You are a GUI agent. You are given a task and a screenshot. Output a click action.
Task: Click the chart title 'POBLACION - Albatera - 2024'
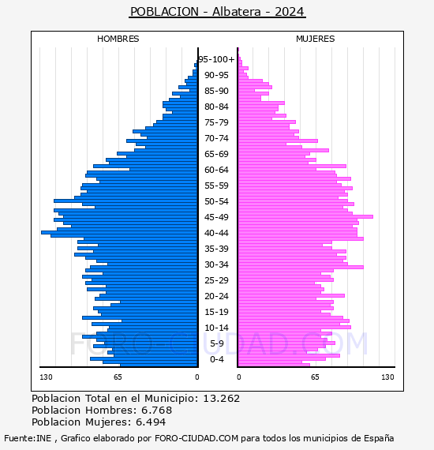[x=217, y=12]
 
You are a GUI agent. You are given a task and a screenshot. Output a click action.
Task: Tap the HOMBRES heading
[x=118, y=39]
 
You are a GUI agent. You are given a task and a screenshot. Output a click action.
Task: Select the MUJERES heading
[x=316, y=39]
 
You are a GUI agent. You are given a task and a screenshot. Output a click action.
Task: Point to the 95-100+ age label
[x=216, y=59]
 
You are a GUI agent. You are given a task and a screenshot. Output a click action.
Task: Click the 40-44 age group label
[x=216, y=233]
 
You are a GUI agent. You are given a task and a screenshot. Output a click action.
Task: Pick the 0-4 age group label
[x=216, y=359]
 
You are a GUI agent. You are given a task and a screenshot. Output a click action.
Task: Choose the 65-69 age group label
[x=216, y=154]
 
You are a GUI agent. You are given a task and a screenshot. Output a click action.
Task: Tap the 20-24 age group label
[x=216, y=296]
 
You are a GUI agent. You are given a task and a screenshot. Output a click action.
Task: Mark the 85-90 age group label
[x=216, y=91]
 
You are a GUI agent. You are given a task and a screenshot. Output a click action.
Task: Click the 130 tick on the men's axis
[x=46, y=377]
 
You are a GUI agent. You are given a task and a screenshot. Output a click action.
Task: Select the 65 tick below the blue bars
[x=118, y=377]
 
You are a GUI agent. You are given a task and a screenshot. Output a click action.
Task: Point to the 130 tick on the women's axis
[x=387, y=377]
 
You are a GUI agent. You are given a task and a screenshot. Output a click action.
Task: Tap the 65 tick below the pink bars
[x=315, y=377]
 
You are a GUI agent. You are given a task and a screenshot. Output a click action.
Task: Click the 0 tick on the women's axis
[x=238, y=377]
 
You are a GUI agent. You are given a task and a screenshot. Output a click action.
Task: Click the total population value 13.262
[x=221, y=399]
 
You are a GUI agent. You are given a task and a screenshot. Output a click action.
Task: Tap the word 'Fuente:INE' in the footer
[x=28, y=438]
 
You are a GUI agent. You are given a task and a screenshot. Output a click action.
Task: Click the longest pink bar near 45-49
[x=306, y=216]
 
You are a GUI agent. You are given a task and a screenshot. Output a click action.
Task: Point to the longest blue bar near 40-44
[x=119, y=232]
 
